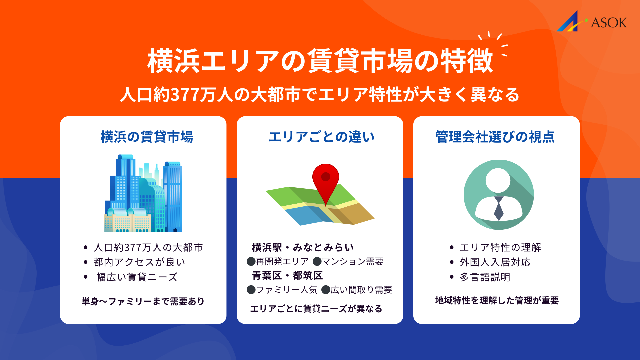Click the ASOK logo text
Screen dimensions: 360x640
(609, 23)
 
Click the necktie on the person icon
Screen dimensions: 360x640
(498, 209)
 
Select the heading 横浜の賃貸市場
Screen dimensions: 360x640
(147, 137)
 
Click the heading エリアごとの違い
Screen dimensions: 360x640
(322, 137)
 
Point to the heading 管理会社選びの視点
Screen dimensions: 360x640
(495, 137)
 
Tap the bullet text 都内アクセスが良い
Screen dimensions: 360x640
(139, 262)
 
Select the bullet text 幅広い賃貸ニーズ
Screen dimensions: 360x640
(137, 277)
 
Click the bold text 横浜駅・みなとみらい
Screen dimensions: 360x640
(303, 247)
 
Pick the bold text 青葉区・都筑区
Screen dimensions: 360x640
(287, 276)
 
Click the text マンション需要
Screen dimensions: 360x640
(352, 262)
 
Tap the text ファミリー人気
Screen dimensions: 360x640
(287, 290)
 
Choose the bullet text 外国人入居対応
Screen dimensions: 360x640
(495, 262)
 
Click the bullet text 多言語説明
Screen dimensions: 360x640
(485, 277)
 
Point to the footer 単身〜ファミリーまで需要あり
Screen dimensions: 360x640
(143, 301)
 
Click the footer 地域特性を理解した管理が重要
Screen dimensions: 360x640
(497, 301)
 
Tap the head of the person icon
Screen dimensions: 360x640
(498, 180)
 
